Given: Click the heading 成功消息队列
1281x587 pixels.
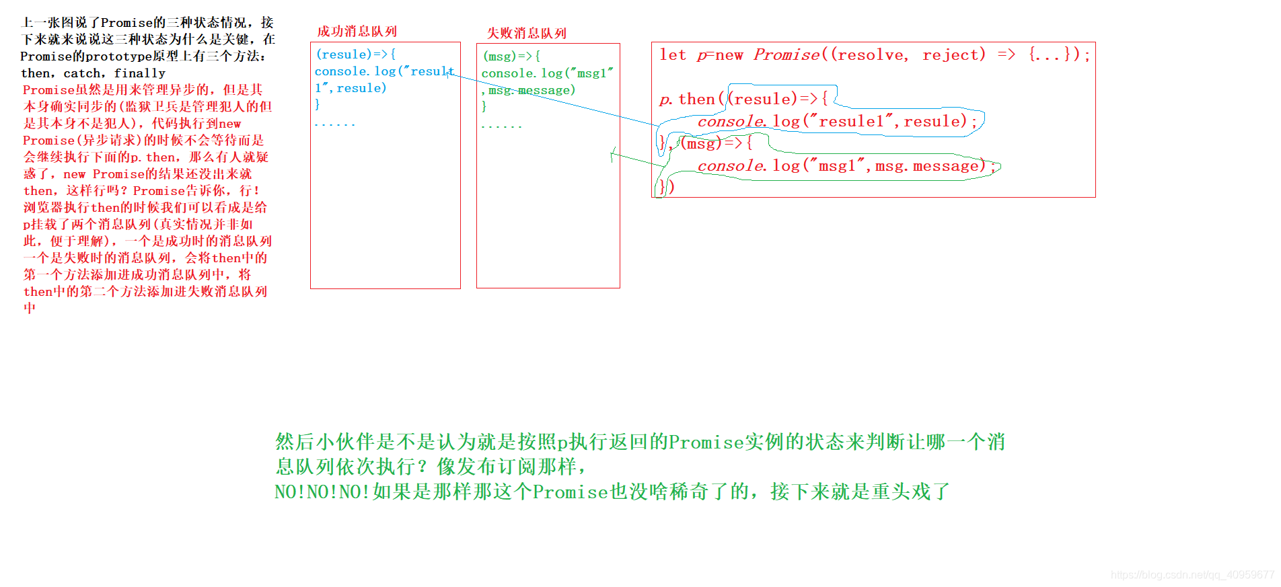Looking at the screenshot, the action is (x=357, y=32).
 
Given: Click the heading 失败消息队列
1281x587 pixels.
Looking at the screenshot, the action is (x=526, y=33).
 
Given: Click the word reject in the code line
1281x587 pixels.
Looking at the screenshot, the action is (x=953, y=54).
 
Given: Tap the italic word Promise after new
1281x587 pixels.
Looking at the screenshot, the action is (x=786, y=54).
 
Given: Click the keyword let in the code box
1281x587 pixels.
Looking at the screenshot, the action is (x=673, y=54).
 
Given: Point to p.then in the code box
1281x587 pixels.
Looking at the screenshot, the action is (x=687, y=100).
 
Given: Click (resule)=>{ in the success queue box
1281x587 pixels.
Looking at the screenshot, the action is (x=356, y=54).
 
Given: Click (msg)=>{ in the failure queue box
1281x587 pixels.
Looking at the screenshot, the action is (x=511, y=56).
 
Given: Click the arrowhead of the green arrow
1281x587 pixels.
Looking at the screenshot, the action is (x=612, y=155).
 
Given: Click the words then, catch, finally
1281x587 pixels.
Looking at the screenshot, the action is (x=93, y=73).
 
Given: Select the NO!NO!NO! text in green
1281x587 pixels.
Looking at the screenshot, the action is (x=322, y=492).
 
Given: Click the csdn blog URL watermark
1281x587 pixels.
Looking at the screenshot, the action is (x=1192, y=575).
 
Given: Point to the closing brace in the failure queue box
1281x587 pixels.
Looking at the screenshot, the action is (x=484, y=106).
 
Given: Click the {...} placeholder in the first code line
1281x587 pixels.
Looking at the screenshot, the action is (x=1050, y=54).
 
